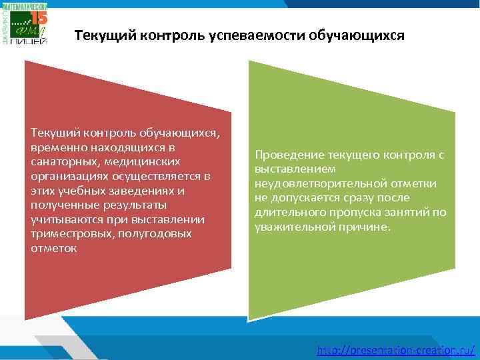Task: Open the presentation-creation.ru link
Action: coord(396,349)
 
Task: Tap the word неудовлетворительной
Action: coord(311,183)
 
